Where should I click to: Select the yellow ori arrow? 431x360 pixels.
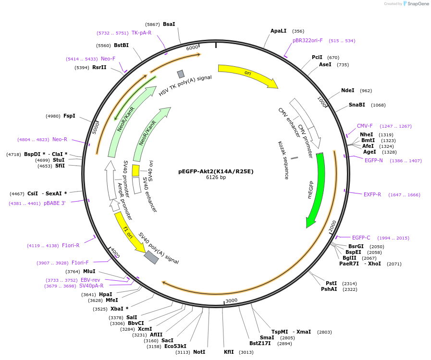(247, 74)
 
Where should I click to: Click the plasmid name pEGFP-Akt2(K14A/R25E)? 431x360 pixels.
(216, 171)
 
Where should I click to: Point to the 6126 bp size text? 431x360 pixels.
(216, 178)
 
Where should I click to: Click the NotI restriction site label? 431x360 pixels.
(199, 352)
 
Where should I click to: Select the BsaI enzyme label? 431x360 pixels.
(169, 24)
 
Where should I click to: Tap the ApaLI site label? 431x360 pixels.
(278, 31)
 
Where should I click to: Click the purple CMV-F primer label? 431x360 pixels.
(365, 126)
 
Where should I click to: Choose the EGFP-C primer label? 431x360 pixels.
(361, 238)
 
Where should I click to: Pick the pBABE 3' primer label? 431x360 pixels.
(54, 203)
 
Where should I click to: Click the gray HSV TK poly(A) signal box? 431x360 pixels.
(181, 74)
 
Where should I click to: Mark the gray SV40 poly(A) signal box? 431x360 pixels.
(151, 257)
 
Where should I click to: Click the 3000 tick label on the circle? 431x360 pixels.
(232, 300)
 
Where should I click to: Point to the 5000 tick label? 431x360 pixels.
(96, 127)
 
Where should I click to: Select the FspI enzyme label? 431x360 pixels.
(69, 116)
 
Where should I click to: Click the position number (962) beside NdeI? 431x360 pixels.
(366, 91)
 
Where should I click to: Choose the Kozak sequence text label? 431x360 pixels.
(283, 160)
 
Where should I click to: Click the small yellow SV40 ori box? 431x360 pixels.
(136, 170)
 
